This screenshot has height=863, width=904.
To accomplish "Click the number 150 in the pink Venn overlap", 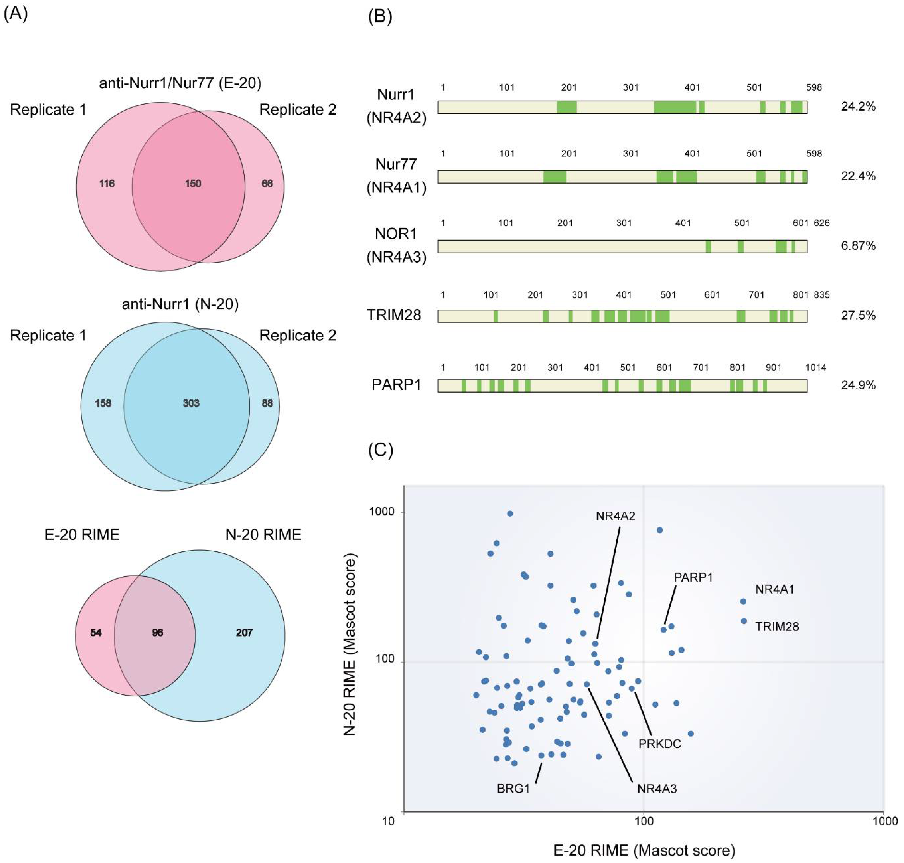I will pyautogui.click(x=193, y=184).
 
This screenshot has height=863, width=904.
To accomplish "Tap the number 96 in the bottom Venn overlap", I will pyautogui.click(x=157, y=632).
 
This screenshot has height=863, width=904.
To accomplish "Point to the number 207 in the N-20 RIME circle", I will pyautogui.click(x=244, y=632).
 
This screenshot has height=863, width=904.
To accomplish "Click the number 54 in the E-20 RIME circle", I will pyautogui.click(x=96, y=632).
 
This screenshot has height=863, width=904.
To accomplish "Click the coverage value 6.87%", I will pyautogui.click(x=858, y=246).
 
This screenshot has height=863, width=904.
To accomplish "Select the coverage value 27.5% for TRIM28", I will pyautogui.click(x=858, y=315).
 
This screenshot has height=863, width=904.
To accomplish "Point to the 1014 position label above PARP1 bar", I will pyautogui.click(x=815, y=368).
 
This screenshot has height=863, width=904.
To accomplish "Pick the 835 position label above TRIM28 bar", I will pyautogui.click(x=822, y=295).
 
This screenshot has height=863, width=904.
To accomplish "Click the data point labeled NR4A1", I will pyautogui.click(x=743, y=601).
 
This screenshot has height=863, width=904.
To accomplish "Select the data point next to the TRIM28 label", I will pyautogui.click(x=744, y=621).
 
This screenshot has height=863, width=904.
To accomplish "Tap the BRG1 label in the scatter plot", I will pyautogui.click(x=513, y=789).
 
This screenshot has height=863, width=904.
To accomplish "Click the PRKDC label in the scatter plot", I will pyautogui.click(x=659, y=744).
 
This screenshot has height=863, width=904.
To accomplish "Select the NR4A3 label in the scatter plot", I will pyautogui.click(x=657, y=789).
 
